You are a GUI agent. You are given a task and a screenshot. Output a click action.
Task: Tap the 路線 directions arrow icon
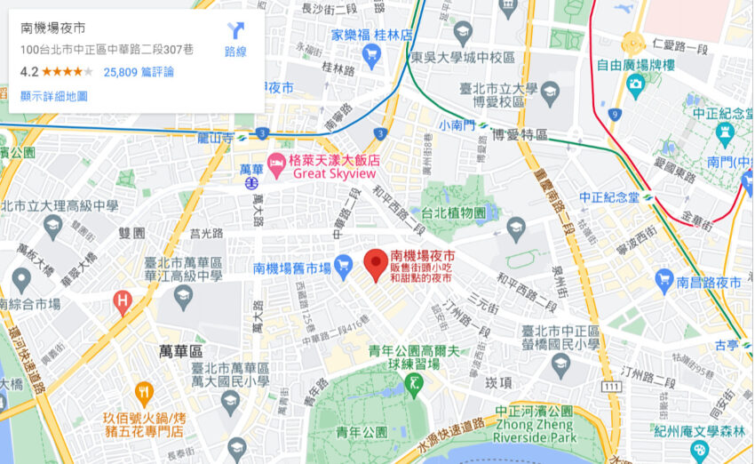click(235, 30)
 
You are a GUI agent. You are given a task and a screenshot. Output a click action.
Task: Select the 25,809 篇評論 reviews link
click(139, 72)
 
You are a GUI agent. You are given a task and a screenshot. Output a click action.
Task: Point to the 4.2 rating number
click(29, 72)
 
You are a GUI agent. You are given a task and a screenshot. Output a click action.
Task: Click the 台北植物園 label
click(454, 213)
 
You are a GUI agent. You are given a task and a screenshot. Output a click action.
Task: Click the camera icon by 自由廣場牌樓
click(635, 84)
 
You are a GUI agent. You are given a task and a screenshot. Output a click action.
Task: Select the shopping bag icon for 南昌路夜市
click(663, 283)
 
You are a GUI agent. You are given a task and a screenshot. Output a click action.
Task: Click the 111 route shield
click(610, 386)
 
